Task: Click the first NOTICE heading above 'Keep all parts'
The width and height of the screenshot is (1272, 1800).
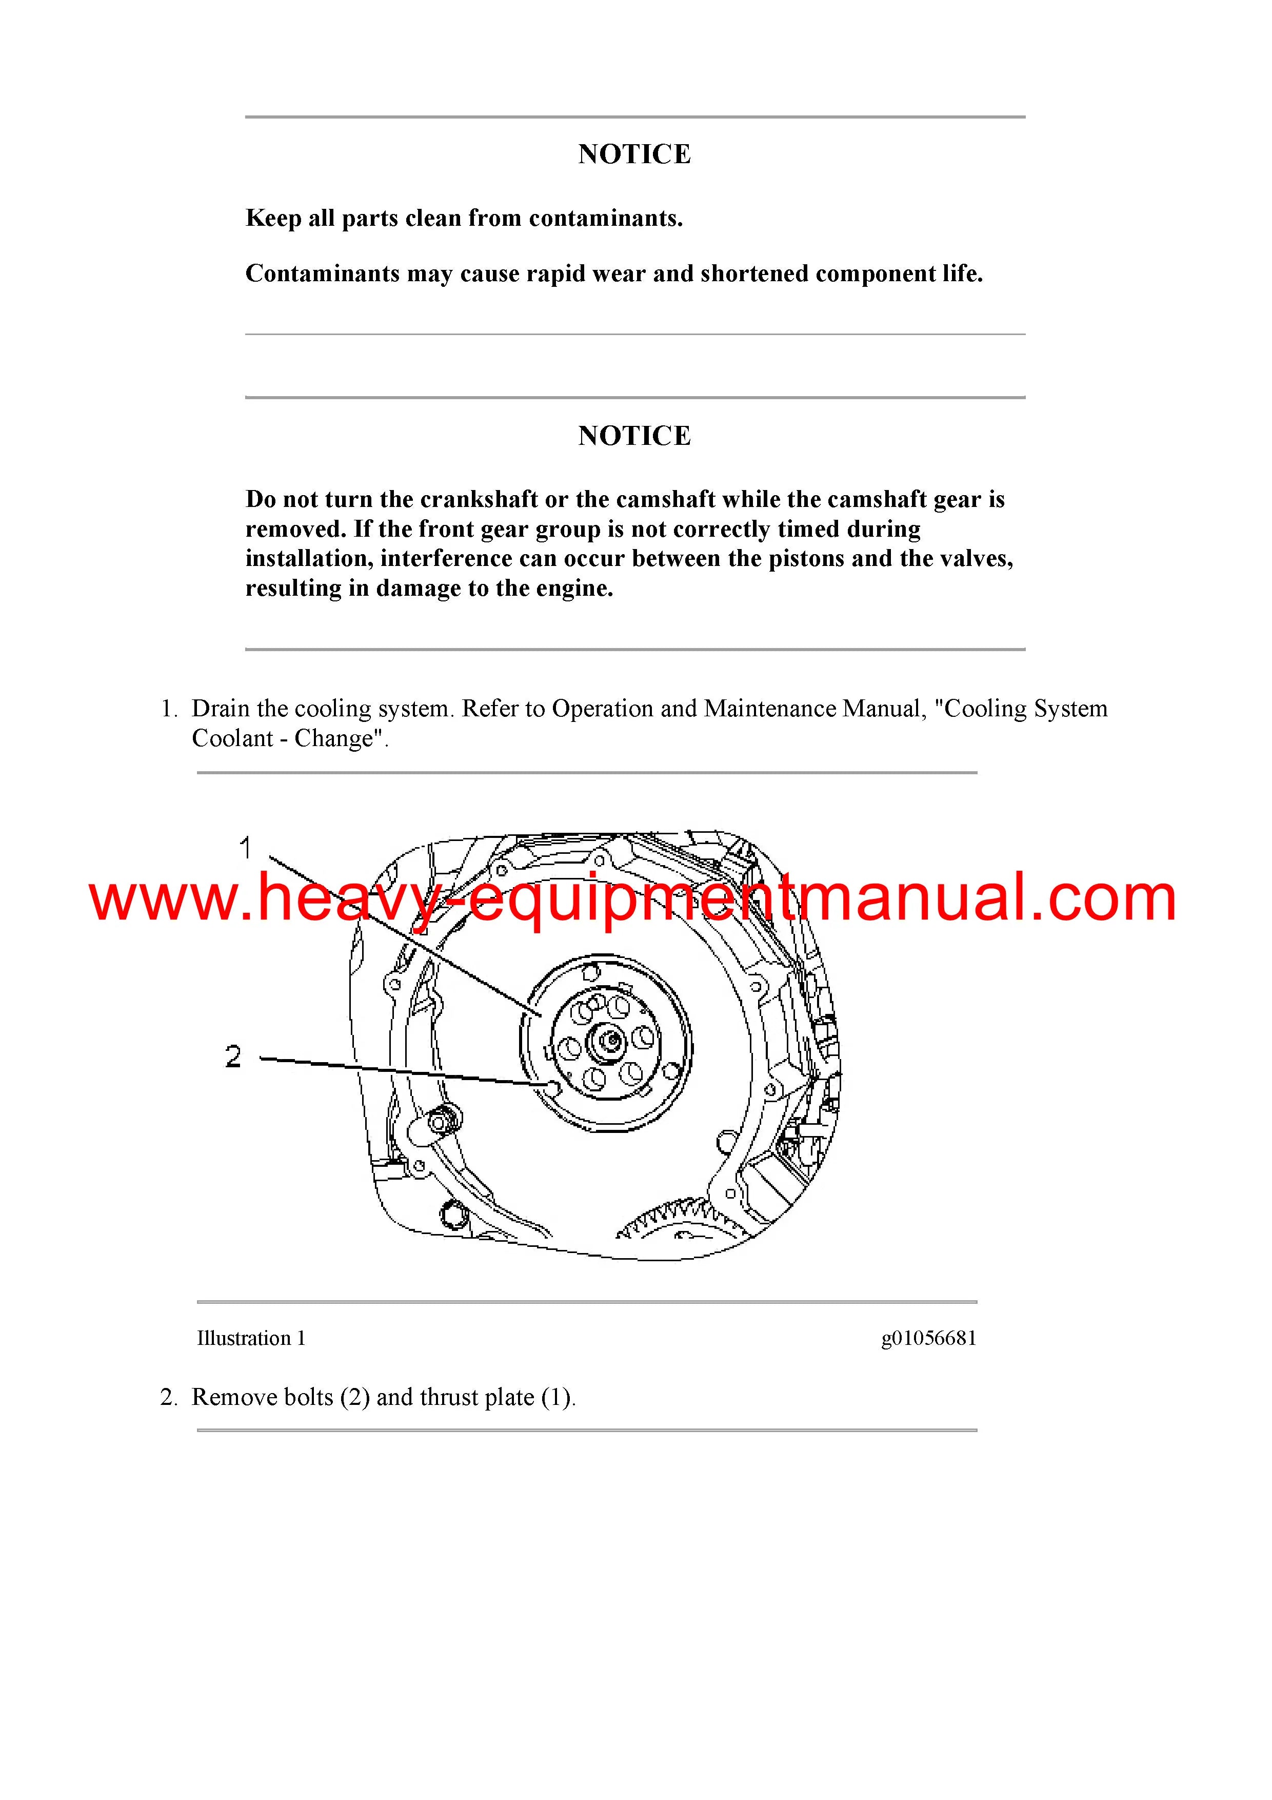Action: (635, 154)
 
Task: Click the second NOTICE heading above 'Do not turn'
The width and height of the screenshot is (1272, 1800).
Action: (635, 436)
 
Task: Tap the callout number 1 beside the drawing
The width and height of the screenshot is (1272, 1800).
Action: (245, 848)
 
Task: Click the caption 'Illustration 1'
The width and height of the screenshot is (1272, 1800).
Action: (251, 1338)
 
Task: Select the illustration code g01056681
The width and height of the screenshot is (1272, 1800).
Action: (929, 1338)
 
